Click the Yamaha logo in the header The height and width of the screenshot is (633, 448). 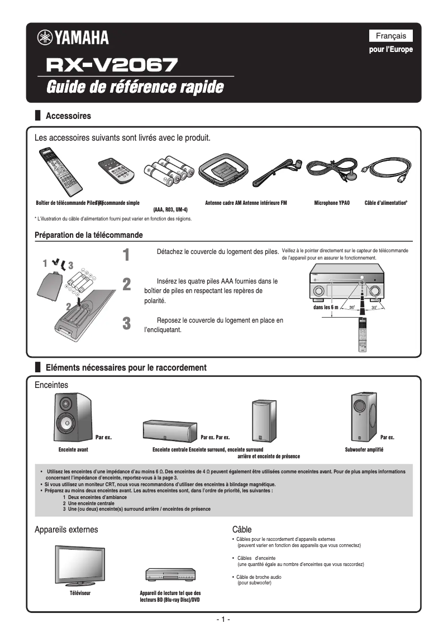73,38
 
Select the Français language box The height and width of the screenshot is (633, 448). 390,36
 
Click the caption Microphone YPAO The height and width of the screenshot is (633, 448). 332,203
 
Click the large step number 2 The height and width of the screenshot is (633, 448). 127,284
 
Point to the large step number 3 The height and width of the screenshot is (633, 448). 127,323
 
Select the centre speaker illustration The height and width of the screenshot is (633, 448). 171,430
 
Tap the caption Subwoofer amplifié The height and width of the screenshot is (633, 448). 368,449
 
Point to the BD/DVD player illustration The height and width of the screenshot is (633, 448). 170,575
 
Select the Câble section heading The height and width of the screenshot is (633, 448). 242,529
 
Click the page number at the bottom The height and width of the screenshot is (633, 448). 223,620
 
